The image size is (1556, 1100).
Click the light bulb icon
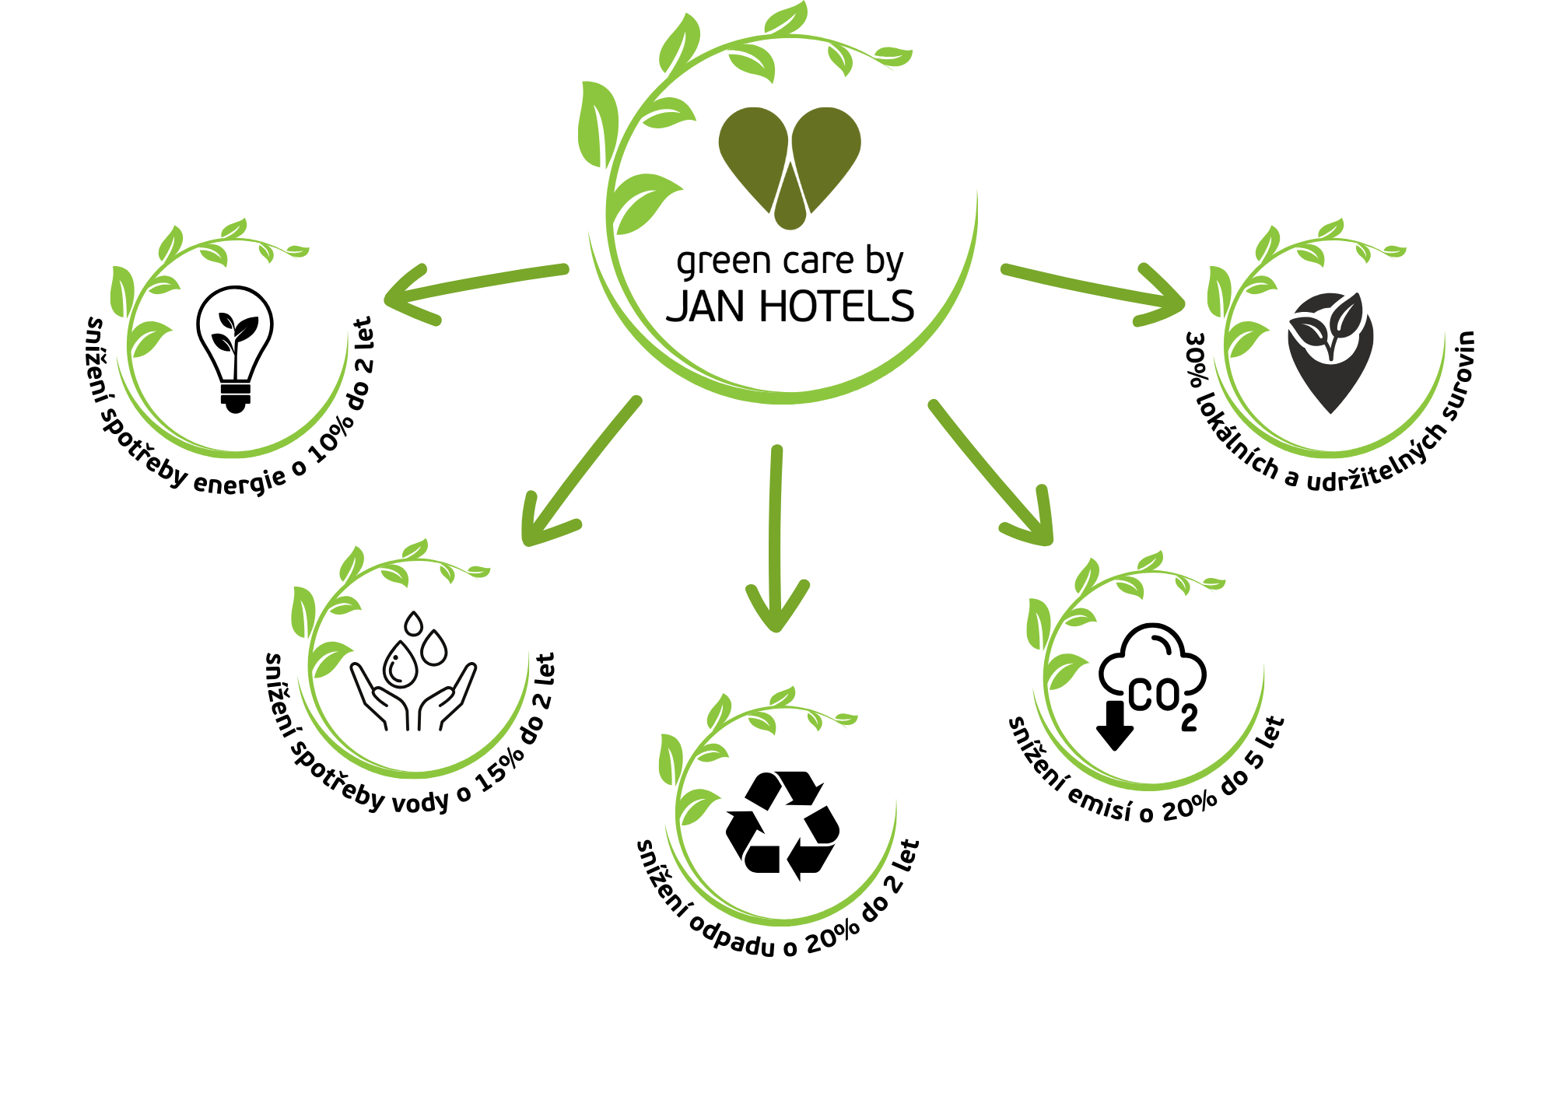tap(234, 349)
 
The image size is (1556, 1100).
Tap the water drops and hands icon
tap(413, 673)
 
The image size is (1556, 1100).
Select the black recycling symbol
tap(782, 825)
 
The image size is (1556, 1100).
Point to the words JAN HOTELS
tap(790, 307)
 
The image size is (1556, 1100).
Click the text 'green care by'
tap(790, 262)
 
